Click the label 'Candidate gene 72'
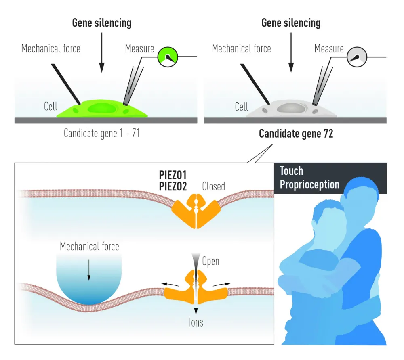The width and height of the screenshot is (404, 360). click(296, 134)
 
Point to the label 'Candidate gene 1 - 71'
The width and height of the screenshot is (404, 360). click(102, 133)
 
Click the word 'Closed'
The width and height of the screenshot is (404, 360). click(213, 186)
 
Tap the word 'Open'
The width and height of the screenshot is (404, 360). click(210, 261)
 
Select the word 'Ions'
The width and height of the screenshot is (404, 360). click(196, 322)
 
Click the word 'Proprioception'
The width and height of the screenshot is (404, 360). click(309, 184)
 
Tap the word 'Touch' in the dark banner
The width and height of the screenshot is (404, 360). click(291, 171)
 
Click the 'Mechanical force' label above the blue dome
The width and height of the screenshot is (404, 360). click(89, 246)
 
